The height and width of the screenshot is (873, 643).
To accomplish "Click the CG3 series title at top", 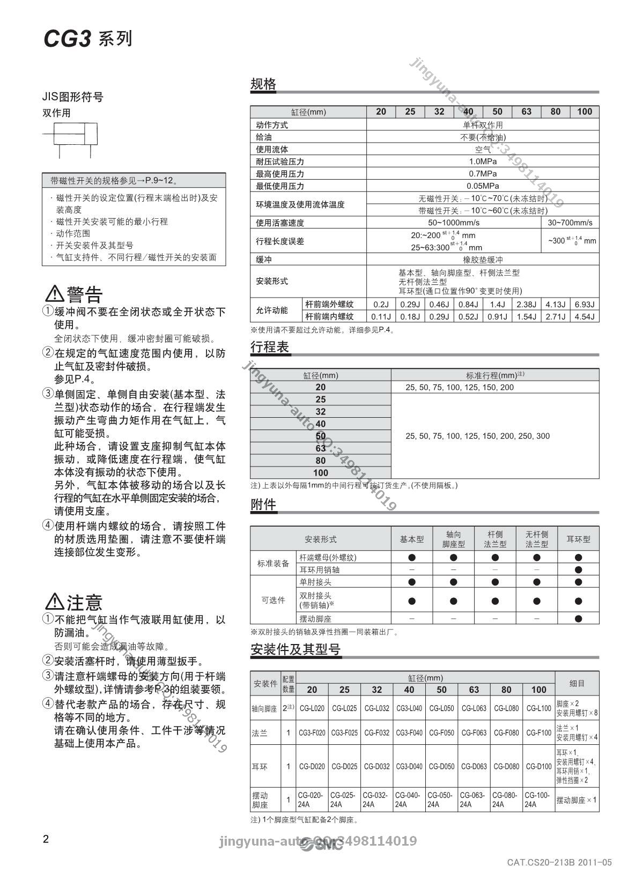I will click(x=87, y=39).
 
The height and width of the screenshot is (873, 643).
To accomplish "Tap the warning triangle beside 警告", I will click(x=55, y=294).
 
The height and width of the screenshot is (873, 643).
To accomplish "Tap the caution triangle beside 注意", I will click(x=55, y=602).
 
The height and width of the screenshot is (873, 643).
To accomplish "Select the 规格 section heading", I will click(x=263, y=84).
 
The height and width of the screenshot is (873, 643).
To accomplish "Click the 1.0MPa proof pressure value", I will click(x=482, y=161).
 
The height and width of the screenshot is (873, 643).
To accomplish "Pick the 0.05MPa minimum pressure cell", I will click(x=482, y=186).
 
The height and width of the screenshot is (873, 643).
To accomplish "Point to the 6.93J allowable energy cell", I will click(x=584, y=304).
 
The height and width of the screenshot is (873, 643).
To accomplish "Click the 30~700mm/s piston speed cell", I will click(x=570, y=223).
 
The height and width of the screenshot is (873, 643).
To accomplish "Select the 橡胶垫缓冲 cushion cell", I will click(x=482, y=259).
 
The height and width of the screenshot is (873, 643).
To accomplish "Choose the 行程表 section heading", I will click(x=270, y=347).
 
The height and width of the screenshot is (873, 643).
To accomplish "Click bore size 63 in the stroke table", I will click(x=320, y=448).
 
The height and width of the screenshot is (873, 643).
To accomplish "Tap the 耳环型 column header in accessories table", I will click(x=578, y=539).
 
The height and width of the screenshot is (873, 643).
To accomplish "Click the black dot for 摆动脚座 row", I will click(x=578, y=618).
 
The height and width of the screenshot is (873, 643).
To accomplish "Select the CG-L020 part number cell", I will click(x=312, y=708).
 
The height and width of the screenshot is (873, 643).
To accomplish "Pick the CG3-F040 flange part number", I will click(x=409, y=733).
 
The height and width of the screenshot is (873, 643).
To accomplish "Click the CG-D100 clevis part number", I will click(x=538, y=766).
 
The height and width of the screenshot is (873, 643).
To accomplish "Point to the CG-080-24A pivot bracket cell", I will click(x=506, y=800).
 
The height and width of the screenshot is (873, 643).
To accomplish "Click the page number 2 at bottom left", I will click(x=46, y=840).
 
